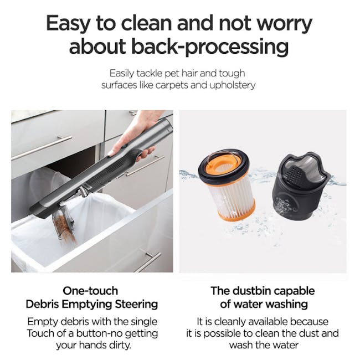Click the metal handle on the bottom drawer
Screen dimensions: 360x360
pos(148,262)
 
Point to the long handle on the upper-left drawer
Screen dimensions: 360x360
pos(42,148)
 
